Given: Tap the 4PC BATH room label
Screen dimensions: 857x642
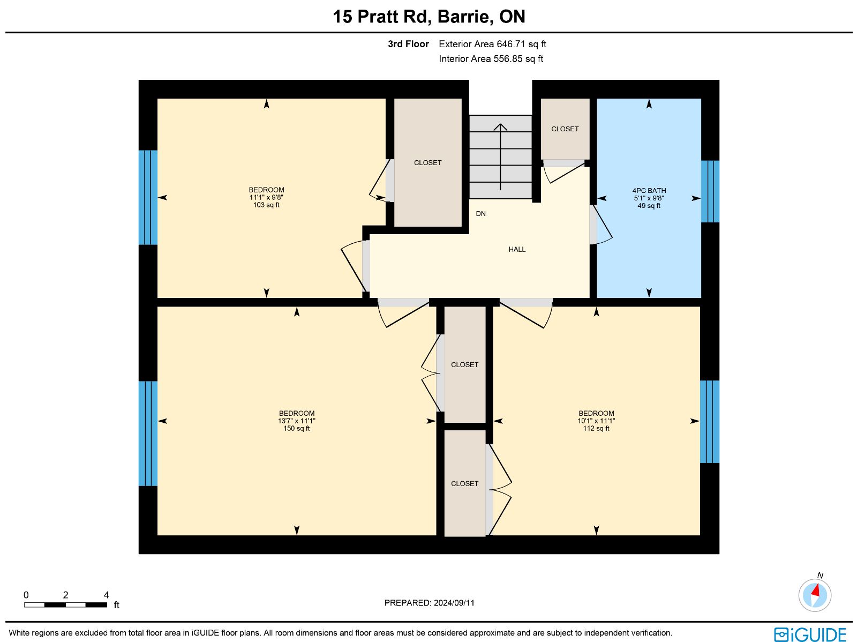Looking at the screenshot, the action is click(649, 191).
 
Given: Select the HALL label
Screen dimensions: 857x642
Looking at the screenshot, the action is click(517, 250).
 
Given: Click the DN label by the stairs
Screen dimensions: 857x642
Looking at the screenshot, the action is click(480, 214).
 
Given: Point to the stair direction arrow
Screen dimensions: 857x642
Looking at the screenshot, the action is click(500, 156).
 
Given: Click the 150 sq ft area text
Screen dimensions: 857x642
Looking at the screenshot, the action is click(296, 428).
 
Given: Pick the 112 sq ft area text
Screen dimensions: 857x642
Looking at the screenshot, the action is click(596, 428).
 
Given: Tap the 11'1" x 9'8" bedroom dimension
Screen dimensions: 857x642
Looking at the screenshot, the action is click(266, 198).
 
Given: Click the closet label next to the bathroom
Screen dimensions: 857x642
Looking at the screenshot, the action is click(565, 129).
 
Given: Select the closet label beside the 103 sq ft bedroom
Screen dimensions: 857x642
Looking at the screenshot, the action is click(427, 163).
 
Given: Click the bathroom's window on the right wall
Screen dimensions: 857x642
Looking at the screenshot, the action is click(710, 191).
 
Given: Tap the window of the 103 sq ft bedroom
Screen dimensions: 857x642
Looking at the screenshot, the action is click(148, 198).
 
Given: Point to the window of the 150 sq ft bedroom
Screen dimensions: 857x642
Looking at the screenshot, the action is click(148, 434).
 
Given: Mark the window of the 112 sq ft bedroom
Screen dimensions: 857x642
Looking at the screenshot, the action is click(709, 422).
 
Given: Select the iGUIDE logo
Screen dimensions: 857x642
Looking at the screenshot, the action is click(810, 634).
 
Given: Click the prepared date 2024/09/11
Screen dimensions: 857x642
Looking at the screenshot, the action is click(454, 602).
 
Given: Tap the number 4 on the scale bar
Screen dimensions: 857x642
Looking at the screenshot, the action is click(106, 595).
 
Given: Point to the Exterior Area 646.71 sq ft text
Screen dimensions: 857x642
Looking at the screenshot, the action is click(492, 44).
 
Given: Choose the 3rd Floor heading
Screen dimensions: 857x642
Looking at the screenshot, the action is click(408, 44).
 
